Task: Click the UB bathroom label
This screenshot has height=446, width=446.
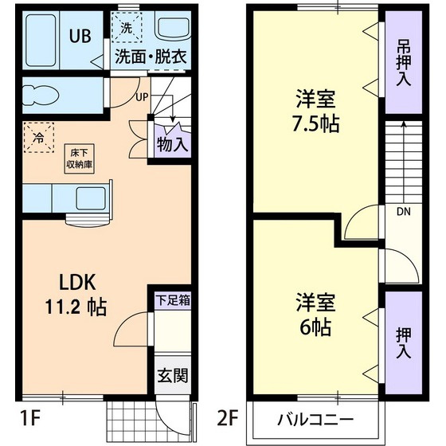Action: point(78,35)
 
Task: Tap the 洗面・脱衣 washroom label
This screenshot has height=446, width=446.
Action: point(151,57)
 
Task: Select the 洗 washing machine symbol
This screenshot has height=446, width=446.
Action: point(126,27)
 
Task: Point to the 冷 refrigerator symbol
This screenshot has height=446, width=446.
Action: point(39,136)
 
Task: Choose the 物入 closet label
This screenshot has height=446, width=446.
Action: point(172,145)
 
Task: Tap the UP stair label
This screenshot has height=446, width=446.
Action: point(142,97)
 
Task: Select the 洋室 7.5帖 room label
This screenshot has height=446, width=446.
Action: point(315,112)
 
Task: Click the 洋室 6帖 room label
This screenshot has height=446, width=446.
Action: point(314,315)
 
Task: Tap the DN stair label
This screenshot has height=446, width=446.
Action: point(403,213)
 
